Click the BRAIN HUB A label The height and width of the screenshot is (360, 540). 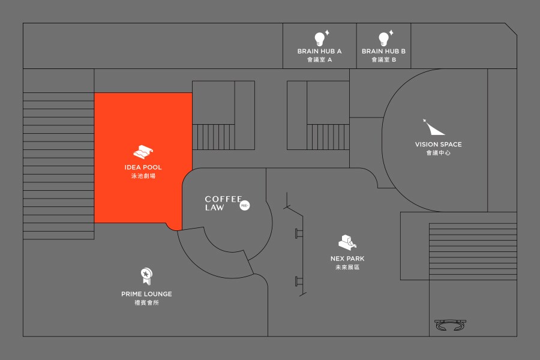click(x=319, y=52)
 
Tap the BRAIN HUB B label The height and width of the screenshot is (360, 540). click(x=383, y=52)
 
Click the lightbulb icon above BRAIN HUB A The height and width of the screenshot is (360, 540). click(x=320, y=38)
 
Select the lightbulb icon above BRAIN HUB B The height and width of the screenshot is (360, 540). click(x=383, y=38)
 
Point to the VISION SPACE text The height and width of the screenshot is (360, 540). click(x=438, y=145)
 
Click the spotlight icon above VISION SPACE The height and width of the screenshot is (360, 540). click(x=434, y=127)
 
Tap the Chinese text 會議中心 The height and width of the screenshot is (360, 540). click(x=438, y=153)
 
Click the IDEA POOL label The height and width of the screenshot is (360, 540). click(x=143, y=167)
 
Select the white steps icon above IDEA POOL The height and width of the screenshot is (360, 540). click(x=144, y=151)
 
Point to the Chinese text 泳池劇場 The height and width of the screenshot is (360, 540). click(x=143, y=176)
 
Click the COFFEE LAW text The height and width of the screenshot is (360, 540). click(x=222, y=203)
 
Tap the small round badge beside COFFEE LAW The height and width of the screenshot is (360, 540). click(x=244, y=206)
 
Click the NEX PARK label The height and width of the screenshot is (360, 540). click(x=347, y=259)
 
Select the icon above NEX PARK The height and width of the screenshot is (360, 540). click(x=347, y=241)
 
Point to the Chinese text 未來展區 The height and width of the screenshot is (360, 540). click(x=347, y=267)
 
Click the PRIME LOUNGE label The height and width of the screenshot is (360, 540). click(x=146, y=294)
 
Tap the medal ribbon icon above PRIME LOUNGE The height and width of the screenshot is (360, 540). click(x=146, y=276)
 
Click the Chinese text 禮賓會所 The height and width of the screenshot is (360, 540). click(x=146, y=302)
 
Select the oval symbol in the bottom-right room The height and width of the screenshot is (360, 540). click(x=451, y=325)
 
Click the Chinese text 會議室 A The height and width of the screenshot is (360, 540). click(x=319, y=60)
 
